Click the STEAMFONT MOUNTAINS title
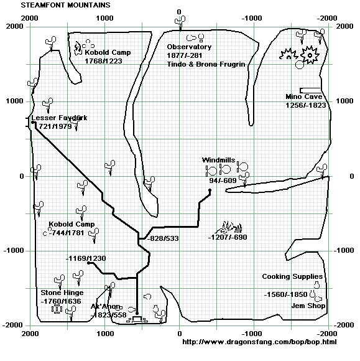click(65, 5)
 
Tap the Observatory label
click(189, 47)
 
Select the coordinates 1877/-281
click(185, 55)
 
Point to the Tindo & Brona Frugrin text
click(206, 64)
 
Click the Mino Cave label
click(304, 96)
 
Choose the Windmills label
click(218, 160)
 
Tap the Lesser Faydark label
click(59, 118)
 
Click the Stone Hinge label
click(62, 293)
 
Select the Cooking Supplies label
click(292, 276)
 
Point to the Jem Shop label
click(308, 306)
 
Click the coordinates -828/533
click(163, 238)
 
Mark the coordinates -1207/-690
click(228, 237)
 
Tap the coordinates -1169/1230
click(86, 258)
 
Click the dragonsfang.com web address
click(259, 342)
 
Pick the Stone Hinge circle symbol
click(57, 309)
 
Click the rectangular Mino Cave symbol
click(310, 90)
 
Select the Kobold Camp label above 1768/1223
click(108, 52)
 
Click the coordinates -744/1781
click(67, 233)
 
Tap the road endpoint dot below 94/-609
click(210, 190)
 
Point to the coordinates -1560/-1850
click(285, 294)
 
